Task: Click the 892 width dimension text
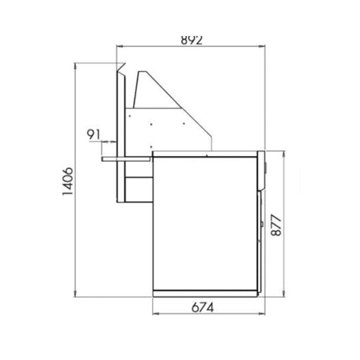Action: click(x=191, y=40)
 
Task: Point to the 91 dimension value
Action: click(x=94, y=134)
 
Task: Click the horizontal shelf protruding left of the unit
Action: click(x=127, y=158)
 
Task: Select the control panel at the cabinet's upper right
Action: click(x=262, y=169)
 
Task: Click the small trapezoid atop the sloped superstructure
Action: click(x=142, y=76)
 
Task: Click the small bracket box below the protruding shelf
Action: click(x=138, y=188)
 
